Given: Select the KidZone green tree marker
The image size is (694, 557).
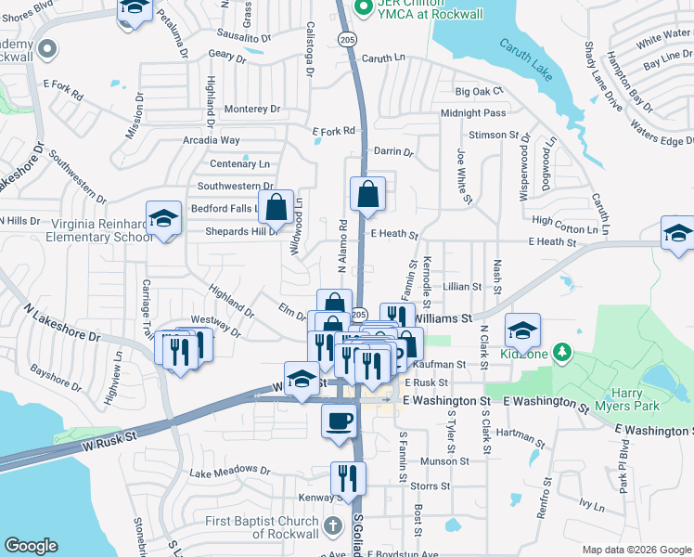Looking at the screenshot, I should click(x=561, y=352).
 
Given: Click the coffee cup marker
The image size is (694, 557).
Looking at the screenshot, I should click(x=339, y=420).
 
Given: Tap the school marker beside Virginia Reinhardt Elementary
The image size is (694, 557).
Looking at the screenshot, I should click(x=164, y=219).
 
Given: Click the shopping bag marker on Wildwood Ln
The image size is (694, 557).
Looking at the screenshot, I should click(x=276, y=207).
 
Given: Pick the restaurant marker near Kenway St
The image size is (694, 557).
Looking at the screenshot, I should click(x=348, y=478).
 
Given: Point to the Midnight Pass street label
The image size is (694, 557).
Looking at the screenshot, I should click(x=473, y=113).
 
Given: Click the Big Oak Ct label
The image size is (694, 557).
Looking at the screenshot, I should click(x=479, y=92).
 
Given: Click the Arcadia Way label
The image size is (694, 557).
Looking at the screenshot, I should click(x=212, y=140).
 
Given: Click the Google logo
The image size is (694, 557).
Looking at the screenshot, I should click(x=31, y=546).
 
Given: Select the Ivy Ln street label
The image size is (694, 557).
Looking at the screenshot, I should click(x=591, y=506).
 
